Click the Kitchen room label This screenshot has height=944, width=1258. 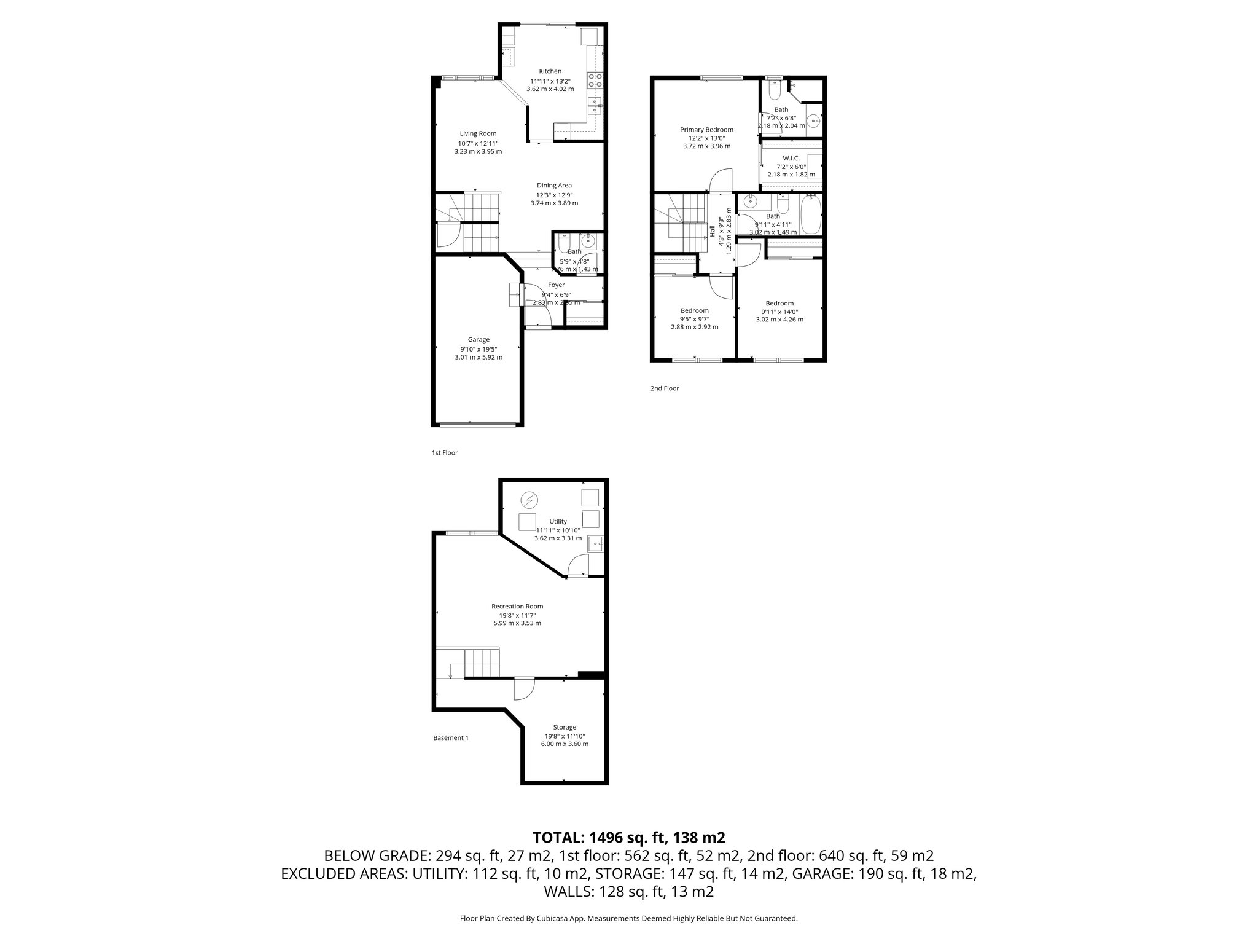click(x=550, y=71)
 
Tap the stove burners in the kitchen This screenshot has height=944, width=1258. click(x=595, y=81)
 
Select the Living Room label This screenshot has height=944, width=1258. click(x=478, y=133)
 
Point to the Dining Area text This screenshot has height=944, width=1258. click(x=554, y=186)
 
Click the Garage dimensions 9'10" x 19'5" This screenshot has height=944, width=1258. click(x=479, y=349)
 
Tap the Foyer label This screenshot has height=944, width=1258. click(x=556, y=285)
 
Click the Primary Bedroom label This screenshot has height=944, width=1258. click(x=706, y=130)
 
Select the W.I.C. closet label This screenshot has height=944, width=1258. click(x=791, y=158)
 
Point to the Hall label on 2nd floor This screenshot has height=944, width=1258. click(x=713, y=231)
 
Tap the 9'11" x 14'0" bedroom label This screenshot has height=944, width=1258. click(x=779, y=304)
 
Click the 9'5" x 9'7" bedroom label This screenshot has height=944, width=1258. click(x=694, y=311)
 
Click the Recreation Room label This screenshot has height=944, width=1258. click(x=517, y=607)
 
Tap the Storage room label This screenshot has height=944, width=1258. click(x=564, y=727)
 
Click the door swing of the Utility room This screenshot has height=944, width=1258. click(x=577, y=564)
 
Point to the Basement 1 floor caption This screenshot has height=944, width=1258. click(x=451, y=738)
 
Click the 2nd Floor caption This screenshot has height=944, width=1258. click(x=665, y=388)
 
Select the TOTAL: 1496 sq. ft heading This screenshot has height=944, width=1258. click(x=629, y=837)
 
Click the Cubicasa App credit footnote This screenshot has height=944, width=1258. click(x=628, y=919)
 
